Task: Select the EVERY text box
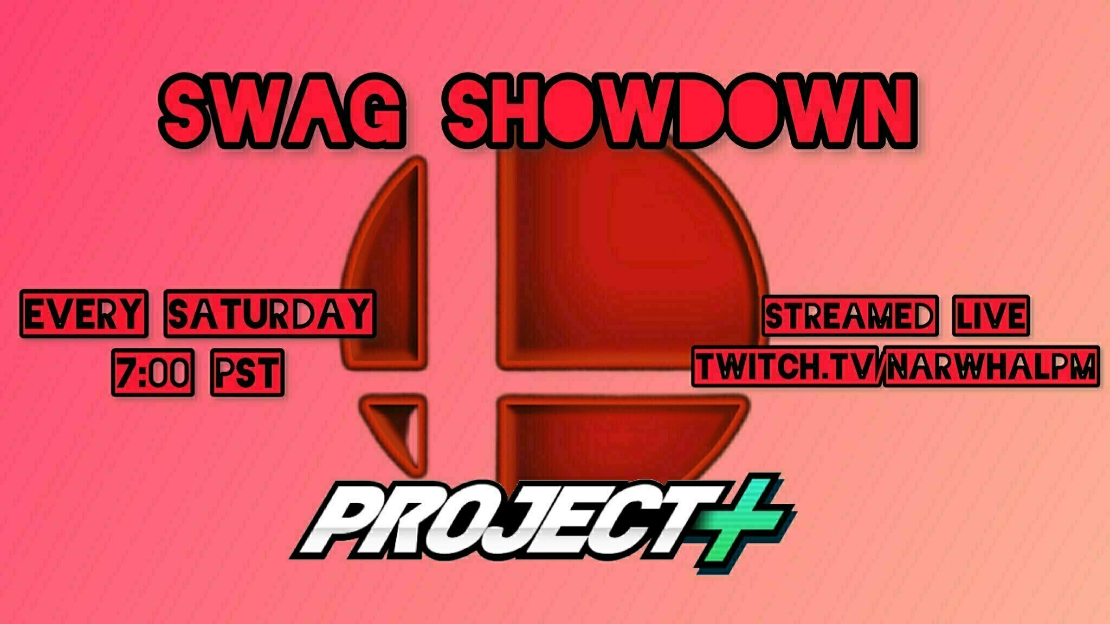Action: pyautogui.click(x=83, y=314)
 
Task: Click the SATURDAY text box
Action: pyautogui.click(x=269, y=314)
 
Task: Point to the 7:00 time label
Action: pyautogui.click(x=152, y=373)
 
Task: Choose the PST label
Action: pyautogui.click(x=247, y=373)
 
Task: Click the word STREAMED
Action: pyautogui.click(x=850, y=316)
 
